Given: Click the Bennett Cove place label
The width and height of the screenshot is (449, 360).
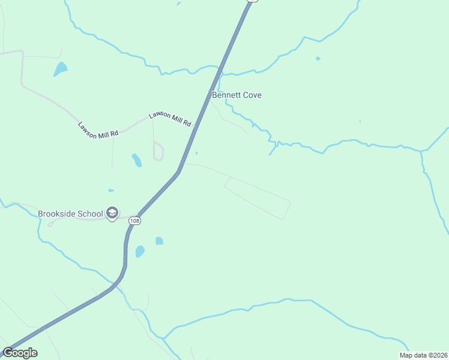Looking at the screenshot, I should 237,95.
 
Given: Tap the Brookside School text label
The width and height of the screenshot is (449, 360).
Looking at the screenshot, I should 71,213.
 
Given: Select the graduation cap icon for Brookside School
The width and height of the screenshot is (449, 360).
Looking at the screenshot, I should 112,213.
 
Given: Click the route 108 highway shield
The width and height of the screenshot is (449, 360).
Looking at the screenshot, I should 135,221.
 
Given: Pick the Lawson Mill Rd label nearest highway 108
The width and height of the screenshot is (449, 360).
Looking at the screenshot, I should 170,119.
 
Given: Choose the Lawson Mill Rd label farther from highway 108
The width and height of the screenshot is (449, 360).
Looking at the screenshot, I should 98,129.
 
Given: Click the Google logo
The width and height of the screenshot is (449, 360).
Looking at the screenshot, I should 20,353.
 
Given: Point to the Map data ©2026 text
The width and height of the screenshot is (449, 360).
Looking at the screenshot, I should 423,355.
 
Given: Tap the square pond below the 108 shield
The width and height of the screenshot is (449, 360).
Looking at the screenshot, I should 159,241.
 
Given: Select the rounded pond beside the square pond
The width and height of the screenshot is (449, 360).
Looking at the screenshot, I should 140,251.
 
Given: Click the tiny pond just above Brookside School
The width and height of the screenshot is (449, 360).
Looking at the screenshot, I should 111,190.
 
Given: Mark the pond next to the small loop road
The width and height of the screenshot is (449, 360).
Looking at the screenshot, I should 137,160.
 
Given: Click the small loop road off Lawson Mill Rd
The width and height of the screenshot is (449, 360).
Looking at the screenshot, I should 158,151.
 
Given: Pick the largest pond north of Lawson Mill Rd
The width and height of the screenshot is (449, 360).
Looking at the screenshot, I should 60,69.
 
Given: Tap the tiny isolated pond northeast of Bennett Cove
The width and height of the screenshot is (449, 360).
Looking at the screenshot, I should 318,59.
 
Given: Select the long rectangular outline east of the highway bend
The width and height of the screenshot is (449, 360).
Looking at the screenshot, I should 258,197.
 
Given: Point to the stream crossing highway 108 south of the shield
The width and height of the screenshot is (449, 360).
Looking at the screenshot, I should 119,281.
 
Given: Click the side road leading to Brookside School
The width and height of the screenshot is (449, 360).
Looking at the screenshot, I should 90,219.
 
